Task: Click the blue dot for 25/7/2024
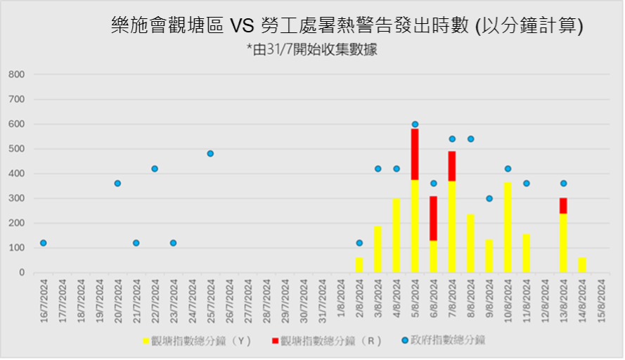[210, 153]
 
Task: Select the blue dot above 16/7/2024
[44, 243]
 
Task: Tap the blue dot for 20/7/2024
[117, 184]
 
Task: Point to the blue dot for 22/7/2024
[155, 169]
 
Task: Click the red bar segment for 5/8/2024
[415, 154]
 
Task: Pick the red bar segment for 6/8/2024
[433, 218]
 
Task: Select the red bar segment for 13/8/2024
[563, 205]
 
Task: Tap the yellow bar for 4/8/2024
[397, 236]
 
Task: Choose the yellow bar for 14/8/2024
[581, 265]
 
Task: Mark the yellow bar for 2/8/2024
[359, 265]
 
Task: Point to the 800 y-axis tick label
[17, 75]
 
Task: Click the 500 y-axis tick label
[17, 149]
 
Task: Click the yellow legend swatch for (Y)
[146, 341]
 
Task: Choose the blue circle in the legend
[405, 341]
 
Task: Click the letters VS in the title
[240, 26]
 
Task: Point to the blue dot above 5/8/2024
[415, 124]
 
